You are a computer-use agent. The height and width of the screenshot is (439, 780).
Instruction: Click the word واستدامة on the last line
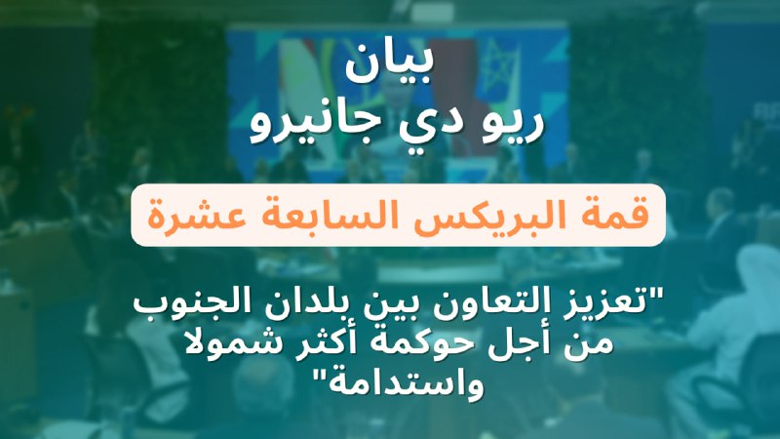399,383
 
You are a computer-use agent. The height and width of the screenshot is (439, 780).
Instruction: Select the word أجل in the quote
516,343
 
